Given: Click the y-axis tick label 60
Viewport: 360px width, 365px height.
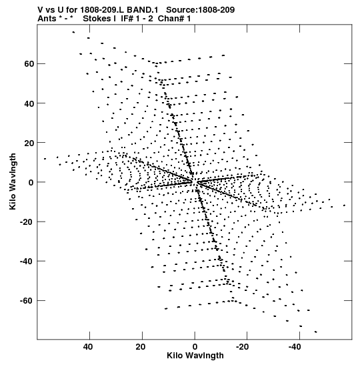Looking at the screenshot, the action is pos(29,64).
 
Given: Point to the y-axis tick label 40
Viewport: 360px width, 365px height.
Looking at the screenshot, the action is pos(29,103).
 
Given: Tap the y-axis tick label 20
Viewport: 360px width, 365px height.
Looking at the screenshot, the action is pos(29,143).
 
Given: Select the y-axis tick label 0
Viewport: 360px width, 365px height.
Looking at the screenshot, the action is pos(31,183).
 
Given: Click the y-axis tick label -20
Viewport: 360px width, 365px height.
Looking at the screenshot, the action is pos(27,222).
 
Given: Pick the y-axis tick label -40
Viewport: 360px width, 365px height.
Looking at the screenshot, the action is pos(27,262).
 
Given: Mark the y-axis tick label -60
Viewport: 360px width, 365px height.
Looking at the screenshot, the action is pos(27,301).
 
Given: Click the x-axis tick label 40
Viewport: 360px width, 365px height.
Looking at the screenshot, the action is pos(88,347).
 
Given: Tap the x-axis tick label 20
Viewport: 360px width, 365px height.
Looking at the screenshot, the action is pos(141,347).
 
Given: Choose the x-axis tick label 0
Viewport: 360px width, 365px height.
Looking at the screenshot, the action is pos(195,347).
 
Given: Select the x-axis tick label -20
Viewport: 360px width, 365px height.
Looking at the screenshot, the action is pos(242,347).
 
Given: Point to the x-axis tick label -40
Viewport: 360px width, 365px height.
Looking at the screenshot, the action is pos(295,347).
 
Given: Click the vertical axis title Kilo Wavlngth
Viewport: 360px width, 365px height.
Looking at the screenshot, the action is pos(13,181).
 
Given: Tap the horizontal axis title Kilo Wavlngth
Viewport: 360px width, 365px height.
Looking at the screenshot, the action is pos(195,356).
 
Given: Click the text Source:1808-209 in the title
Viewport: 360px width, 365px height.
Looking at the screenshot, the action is pos(201,10).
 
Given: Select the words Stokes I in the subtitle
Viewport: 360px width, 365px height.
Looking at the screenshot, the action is pos(99,19).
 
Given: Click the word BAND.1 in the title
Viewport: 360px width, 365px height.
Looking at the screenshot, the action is pos(143,10).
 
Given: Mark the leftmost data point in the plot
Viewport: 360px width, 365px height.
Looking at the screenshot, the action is pos(45,159).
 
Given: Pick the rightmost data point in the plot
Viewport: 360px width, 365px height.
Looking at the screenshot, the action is pos(345,206).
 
